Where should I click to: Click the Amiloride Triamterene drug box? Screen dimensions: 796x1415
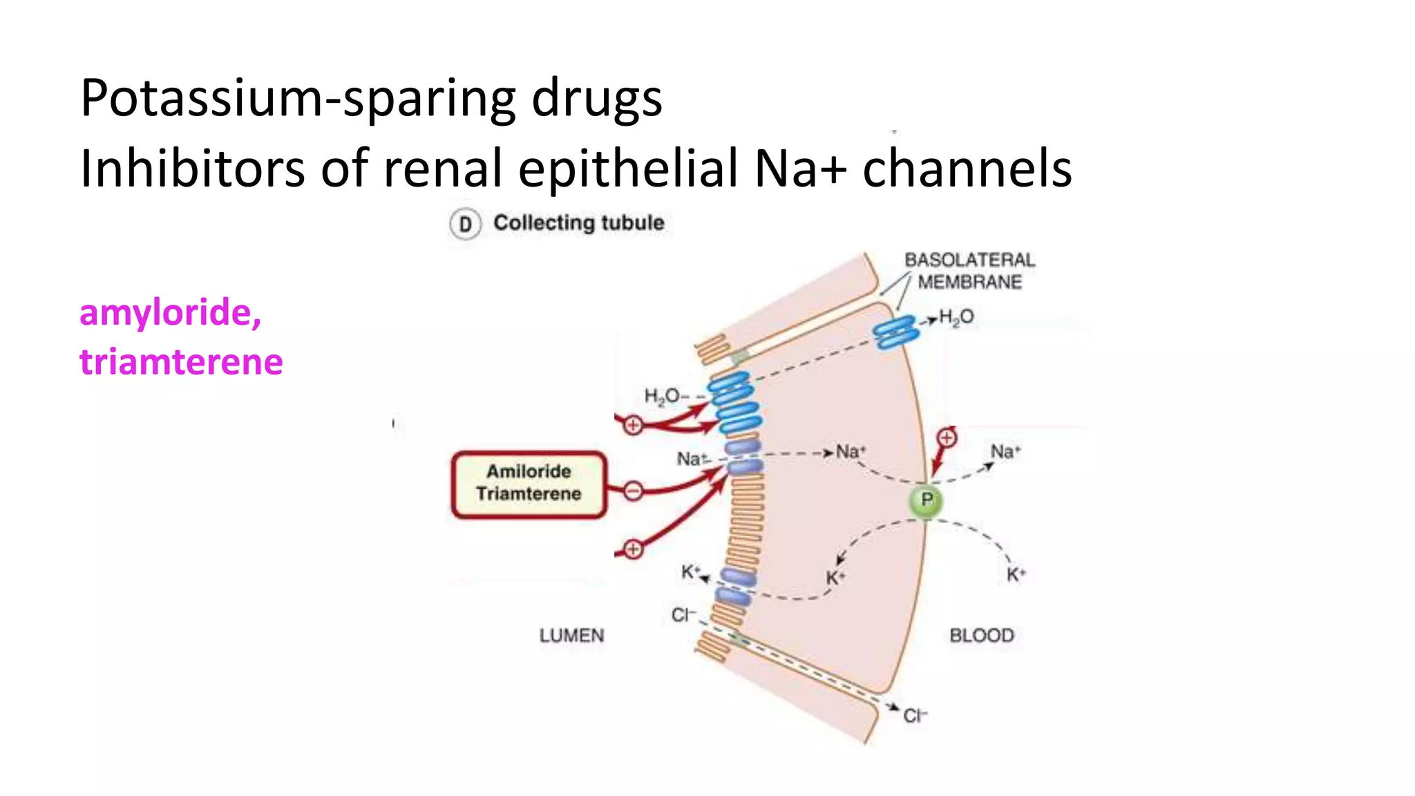(529, 484)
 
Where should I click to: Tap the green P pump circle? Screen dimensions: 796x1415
(927, 500)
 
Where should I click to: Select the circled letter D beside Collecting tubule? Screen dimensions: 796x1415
(465, 225)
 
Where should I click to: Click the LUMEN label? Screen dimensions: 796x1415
(571, 636)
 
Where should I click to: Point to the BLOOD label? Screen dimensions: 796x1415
(981, 636)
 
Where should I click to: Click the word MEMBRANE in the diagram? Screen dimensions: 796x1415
(969, 282)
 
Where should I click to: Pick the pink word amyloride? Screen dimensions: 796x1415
(170, 313)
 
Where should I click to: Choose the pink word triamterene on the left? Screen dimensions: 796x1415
(181, 362)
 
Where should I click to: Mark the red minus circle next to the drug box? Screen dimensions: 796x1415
(633, 491)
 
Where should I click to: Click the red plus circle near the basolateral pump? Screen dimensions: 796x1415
(947, 437)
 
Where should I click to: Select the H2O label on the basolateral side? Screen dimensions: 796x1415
(956, 317)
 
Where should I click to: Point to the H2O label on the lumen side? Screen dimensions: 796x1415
(662, 396)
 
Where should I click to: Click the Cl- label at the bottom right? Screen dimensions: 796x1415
(915, 716)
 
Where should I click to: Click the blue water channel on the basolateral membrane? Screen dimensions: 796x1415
(896, 332)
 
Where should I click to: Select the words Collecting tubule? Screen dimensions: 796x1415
(578, 223)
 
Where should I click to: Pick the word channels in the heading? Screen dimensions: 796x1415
(967, 169)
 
